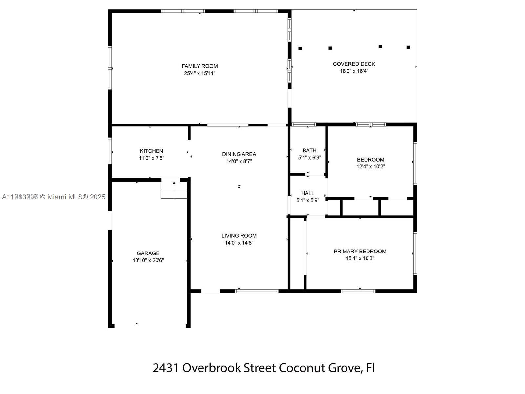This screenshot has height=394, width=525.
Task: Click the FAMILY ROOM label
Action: [x=199, y=66]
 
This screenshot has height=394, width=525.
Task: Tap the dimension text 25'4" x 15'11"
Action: [x=199, y=73]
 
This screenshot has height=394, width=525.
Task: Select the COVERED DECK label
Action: [x=354, y=64]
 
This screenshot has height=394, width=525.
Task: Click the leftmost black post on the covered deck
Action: [x=300, y=48]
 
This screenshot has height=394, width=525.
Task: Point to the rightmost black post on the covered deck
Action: [x=408, y=47]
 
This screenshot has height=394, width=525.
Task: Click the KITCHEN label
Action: [x=151, y=151]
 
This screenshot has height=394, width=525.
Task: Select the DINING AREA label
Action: [x=239, y=154]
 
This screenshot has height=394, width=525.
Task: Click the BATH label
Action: [x=309, y=150]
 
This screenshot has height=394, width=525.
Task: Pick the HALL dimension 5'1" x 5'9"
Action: [x=307, y=200]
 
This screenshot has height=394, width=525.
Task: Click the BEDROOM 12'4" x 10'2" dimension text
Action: [x=370, y=166]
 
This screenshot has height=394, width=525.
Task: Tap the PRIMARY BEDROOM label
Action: [x=360, y=251]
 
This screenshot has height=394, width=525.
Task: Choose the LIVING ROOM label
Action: [x=239, y=235]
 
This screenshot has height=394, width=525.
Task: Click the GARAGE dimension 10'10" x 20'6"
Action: [x=148, y=260]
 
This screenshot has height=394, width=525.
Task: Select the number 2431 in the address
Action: [x=166, y=368]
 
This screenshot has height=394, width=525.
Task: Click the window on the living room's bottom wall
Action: [x=257, y=291]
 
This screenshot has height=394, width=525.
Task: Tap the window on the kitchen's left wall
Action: [x=110, y=151]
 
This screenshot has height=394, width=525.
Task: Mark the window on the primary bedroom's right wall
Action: [x=415, y=253]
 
